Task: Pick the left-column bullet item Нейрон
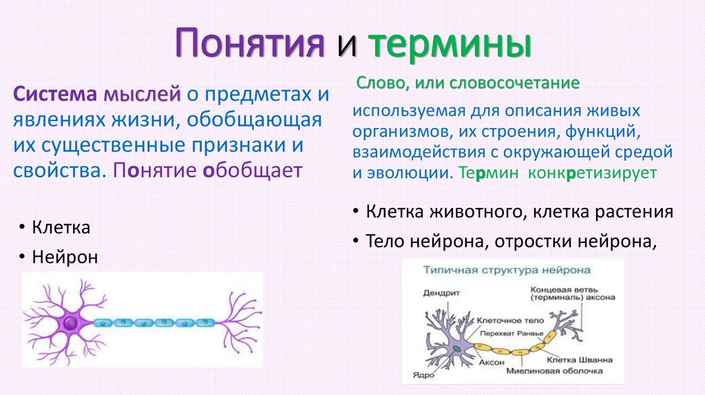[x=64, y=257]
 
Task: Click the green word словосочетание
[x=514, y=83]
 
